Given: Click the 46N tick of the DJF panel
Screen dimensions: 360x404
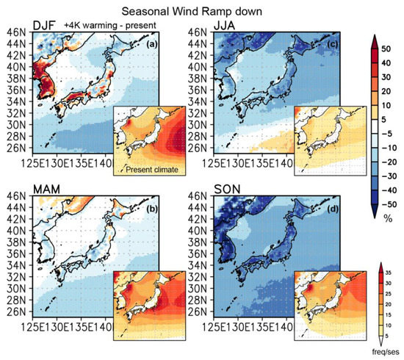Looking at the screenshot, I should pyautogui.click(x=15, y=32).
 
